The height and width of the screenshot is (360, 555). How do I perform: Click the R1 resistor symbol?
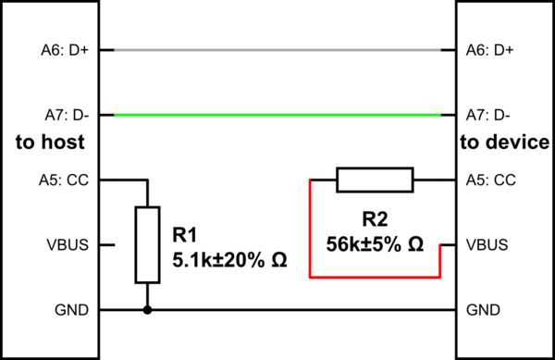(147, 244)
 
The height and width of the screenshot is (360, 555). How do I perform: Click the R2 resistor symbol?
(374, 180)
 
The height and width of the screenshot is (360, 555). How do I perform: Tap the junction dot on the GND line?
(147, 310)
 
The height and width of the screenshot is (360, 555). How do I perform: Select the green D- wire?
(277, 115)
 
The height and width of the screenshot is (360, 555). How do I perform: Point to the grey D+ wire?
(277, 49)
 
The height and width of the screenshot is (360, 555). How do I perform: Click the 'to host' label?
(51, 143)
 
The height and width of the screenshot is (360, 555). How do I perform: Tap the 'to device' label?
(505, 143)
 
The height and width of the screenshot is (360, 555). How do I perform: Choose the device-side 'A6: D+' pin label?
(491, 50)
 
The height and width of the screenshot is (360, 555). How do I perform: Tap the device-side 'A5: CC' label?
(491, 180)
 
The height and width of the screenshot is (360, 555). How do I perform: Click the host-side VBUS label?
(68, 245)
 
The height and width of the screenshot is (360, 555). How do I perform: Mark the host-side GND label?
(72, 310)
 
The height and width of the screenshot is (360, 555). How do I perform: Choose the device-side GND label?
(484, 310)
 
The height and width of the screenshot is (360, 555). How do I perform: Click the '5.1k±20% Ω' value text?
(229, 260)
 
